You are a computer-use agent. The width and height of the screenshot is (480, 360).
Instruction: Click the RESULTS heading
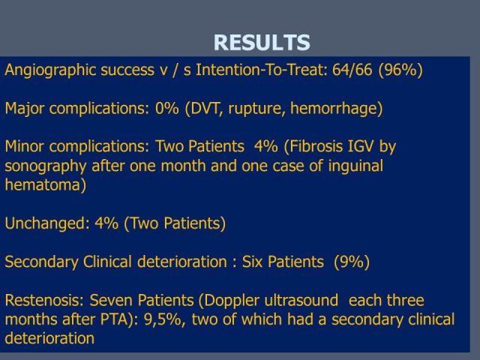(262, 42)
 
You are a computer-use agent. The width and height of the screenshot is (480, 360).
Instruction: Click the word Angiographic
(50, 70)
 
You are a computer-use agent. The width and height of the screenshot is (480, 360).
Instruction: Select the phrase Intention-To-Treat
(259, 70)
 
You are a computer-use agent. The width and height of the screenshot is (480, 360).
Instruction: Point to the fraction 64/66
(352, 70)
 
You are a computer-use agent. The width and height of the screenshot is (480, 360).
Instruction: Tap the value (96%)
(400, 70)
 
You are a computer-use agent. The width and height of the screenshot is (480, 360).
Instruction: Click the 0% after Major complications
(166, 108)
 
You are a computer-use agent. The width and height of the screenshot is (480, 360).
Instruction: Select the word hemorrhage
(334, 109)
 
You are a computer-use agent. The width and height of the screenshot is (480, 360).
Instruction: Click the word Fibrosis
(316, 146)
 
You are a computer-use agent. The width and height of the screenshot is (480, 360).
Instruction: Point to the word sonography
(46, 166)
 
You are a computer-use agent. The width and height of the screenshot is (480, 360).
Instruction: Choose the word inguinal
(355, 166)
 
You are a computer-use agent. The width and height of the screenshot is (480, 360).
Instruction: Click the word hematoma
(43, 185)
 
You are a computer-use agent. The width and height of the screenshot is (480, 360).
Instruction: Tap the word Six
(252, 262)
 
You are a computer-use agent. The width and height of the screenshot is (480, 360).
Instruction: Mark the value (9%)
(352, 262)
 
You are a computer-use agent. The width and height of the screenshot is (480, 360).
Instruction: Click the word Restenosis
(42, 300)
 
